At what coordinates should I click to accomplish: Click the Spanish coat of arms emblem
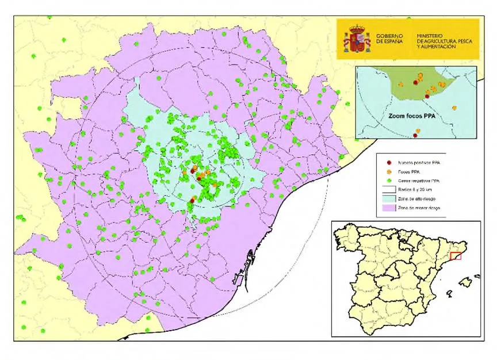(357, 39)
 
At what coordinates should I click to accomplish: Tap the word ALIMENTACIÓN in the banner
(439, 47)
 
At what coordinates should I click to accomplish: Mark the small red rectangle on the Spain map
(456, 256)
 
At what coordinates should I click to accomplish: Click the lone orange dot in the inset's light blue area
(454, 108)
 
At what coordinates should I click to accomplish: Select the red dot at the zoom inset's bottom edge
(415, 136)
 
